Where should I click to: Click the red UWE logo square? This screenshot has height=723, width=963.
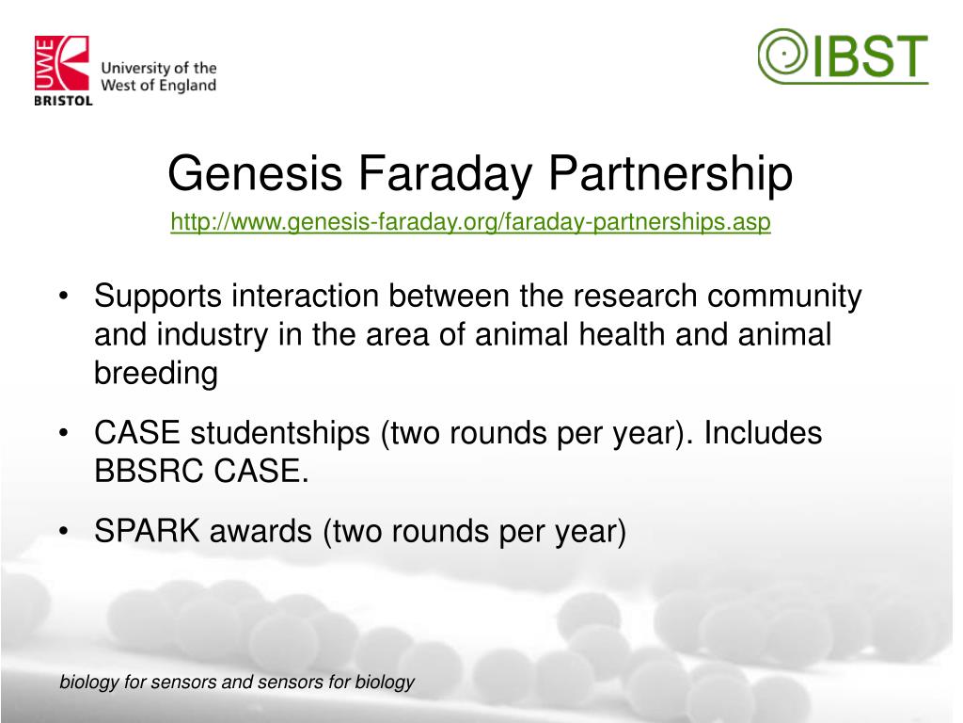(62, 63)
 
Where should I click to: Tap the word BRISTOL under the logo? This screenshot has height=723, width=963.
(63, 101)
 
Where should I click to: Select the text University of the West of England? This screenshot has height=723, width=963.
(158, 77)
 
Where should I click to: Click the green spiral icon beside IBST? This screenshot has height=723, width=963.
(782, 55)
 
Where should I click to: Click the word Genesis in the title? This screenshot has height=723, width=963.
(255, 173)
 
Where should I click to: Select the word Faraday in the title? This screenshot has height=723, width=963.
(445, 174)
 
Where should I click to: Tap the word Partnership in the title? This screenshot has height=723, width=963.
(671, 174)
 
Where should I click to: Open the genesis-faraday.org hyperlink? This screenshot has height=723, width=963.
(470, 222)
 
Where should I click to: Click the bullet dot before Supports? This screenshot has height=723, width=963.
(63, 297)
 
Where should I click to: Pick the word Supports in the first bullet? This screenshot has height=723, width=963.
(158, 297)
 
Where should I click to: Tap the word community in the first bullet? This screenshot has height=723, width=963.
(784, 297)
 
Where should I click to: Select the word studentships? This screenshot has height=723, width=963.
(280, 433)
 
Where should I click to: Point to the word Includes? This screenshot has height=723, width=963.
(763, 433)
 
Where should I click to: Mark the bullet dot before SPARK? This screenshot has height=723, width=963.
(63, 531)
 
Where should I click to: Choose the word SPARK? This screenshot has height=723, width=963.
(148, 531)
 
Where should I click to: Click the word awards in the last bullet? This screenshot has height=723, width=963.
(260, 531)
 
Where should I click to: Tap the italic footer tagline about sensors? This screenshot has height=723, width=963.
(237, 683)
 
